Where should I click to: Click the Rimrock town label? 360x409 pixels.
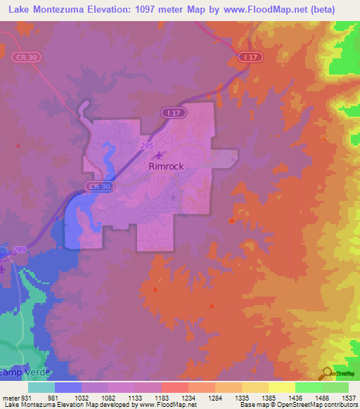[x=165, y=167]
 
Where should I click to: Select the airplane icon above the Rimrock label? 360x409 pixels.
[x=160, y=155]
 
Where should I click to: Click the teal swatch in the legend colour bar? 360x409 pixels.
[x=41, y=387]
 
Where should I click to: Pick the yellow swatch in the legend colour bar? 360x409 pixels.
[x=281, y=387]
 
